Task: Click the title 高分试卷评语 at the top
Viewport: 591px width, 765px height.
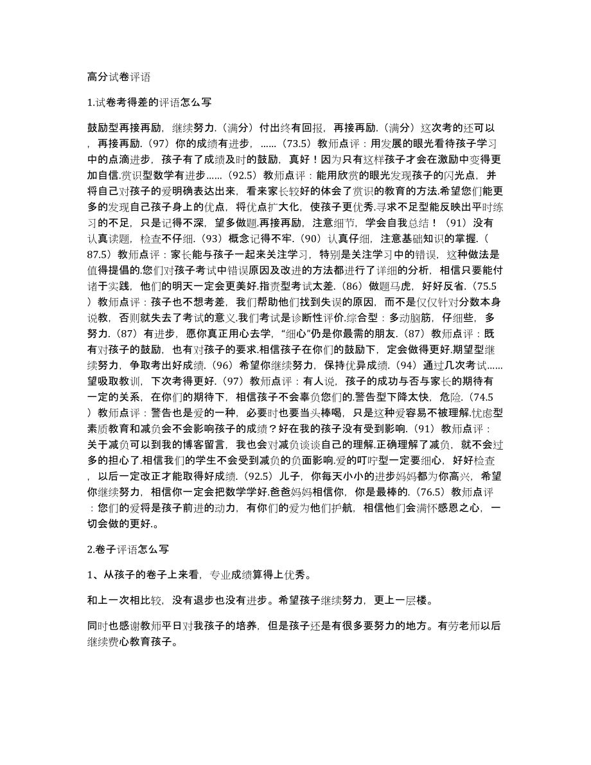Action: [118, 77]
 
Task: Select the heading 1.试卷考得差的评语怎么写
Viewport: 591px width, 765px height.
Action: [148, 102]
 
